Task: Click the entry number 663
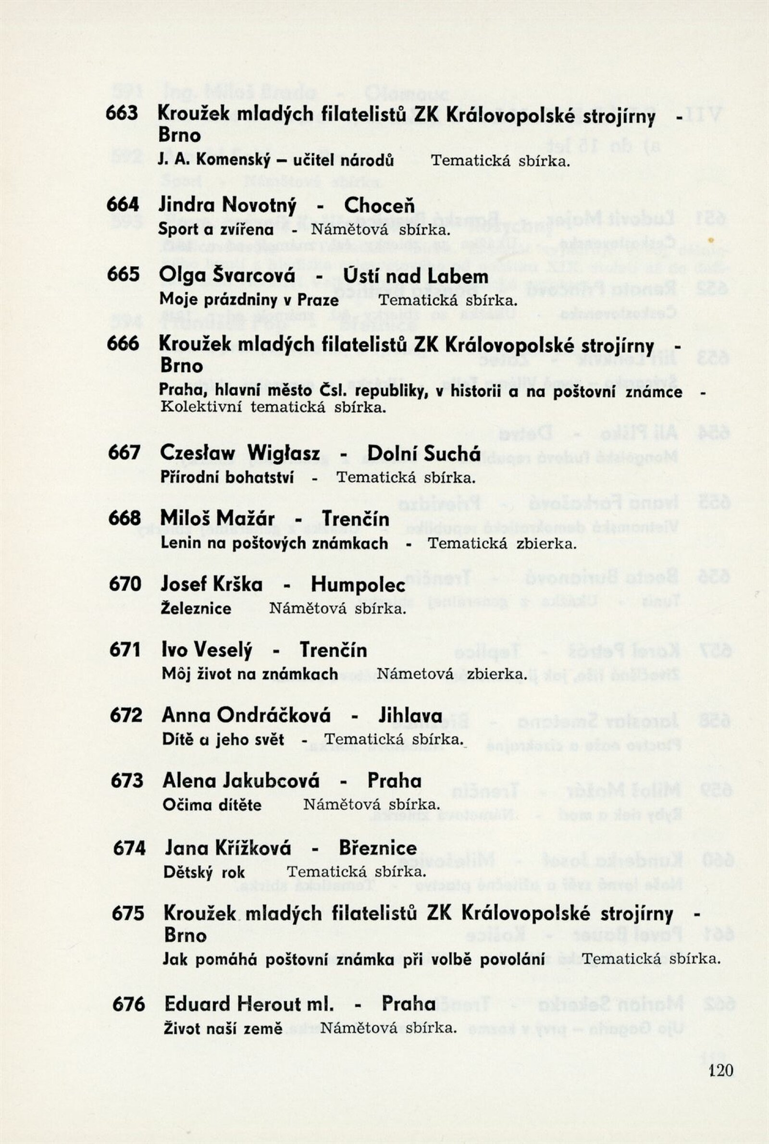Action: click(122, 113)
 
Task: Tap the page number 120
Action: click(720, 1069)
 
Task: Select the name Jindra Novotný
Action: click(227, 205)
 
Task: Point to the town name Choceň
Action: click(379, 206)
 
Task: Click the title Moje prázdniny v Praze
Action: click(249, 300)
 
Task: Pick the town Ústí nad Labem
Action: click(415, 277)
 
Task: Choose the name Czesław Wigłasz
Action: click(240, 454)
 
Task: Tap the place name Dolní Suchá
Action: click(424, 454)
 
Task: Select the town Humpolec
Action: click(358, 584)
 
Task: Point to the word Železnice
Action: click(196, 609)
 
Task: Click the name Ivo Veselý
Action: click(207, 650)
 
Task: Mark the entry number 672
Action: click(125, 715)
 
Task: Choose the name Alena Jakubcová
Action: click(241, 781)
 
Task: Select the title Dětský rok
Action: click(204, 872)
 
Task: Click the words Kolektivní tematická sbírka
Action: click(273, 407)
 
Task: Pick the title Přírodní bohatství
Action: click(227, 477)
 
